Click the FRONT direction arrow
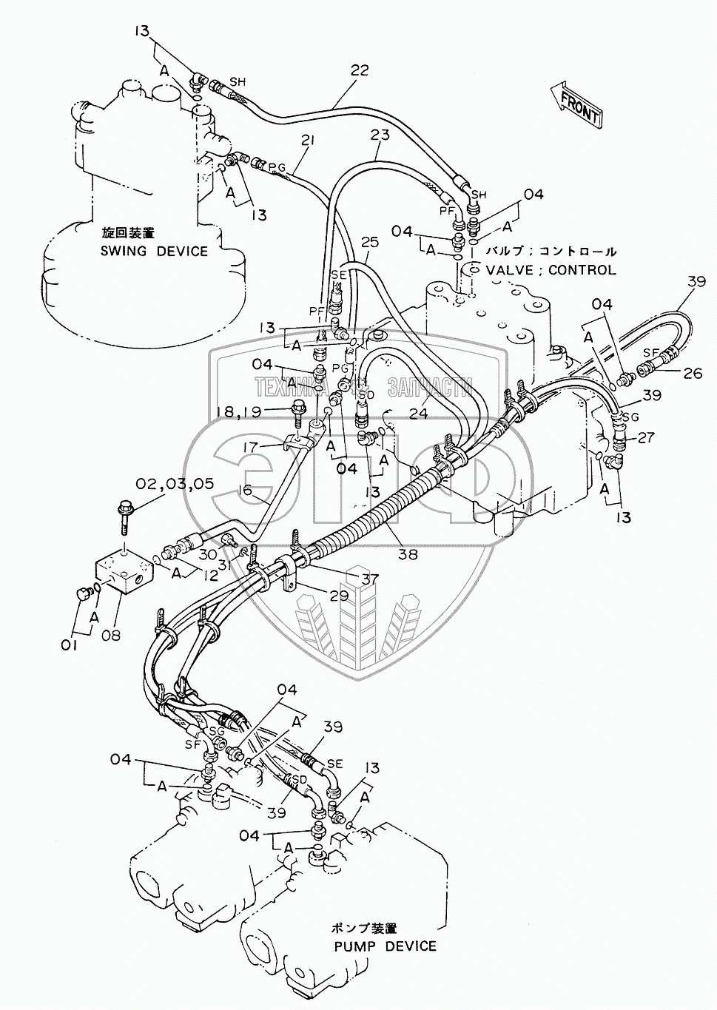576,104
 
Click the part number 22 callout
360,71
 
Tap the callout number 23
380,136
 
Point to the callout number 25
369,242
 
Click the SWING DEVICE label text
155,251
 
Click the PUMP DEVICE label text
385,946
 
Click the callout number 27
647,437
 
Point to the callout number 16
246,490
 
